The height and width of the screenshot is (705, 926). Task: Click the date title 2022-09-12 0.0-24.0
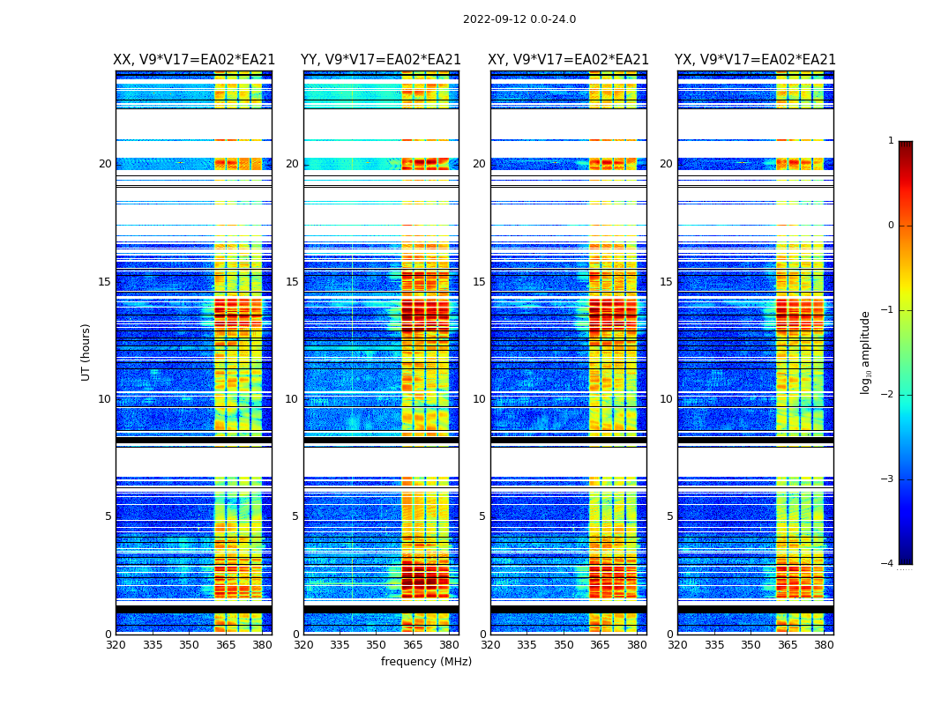tap(519, 19)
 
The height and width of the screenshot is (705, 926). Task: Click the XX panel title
tap(194, 60)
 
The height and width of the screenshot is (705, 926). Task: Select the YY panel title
tap(381, 60)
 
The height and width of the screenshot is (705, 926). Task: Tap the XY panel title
tap(569, 60)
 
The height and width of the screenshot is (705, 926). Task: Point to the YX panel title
tap(755, 60)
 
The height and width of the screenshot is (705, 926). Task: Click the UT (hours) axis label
tap(86, 352)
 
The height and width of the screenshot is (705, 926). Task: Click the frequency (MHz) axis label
tap(426, 662)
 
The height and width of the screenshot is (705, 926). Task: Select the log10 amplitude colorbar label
tap(866, 352)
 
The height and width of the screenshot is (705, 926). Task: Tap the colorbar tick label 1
tap(891, 141)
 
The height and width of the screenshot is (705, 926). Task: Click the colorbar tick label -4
tap(888, 564)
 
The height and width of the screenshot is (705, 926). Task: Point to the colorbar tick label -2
tap(888, 395)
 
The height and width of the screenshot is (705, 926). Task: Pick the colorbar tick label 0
tap(891, 226)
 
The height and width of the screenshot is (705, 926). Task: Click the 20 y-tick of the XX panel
tap(105, 164)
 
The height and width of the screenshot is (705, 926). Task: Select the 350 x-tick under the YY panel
tap(377, 645)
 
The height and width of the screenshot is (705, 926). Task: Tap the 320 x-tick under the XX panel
tap(116, 645)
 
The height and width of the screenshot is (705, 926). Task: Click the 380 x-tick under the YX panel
tap(824, 645)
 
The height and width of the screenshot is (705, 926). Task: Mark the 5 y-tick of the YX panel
tap(669, 516)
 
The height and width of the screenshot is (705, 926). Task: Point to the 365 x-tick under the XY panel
tap(601, 645)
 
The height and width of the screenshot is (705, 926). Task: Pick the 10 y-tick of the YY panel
tap(292, 399)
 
